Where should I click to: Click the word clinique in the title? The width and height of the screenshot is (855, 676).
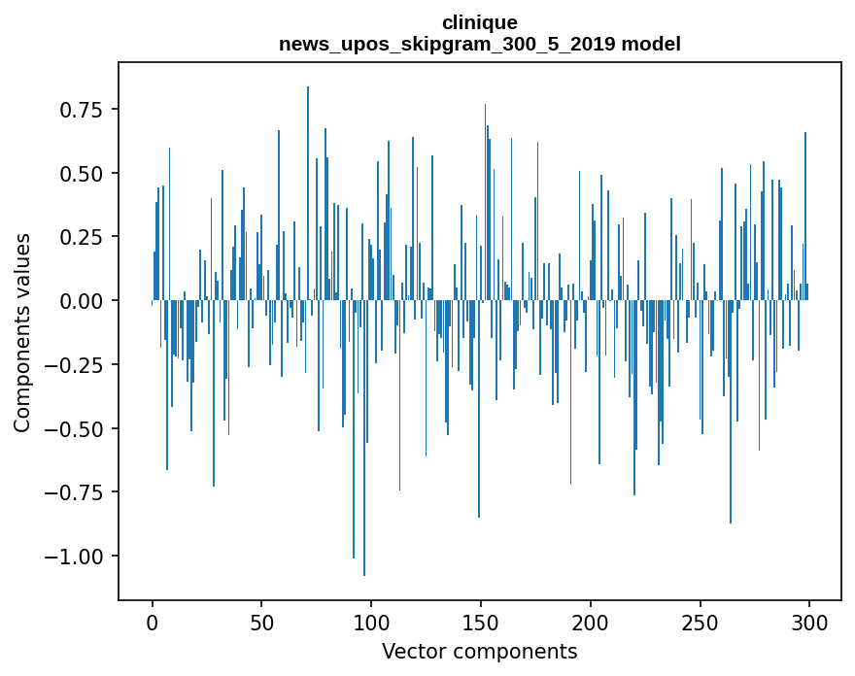click(x=479, y=22)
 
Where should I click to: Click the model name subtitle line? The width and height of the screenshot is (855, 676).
click(x=479, y=44)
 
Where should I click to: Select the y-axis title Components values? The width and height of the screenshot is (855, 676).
click(x=21, y=332)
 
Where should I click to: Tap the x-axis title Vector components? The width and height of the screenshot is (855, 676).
click(x=479, y=652)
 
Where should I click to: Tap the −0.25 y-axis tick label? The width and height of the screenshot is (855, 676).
click(x=76, y=365)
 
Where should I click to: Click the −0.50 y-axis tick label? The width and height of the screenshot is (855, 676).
click(x=76, y=428)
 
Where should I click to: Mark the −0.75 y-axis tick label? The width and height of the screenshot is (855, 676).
click(x=76, y=492)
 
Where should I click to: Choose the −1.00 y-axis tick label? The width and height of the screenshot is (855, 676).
click(x=76, y=556)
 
